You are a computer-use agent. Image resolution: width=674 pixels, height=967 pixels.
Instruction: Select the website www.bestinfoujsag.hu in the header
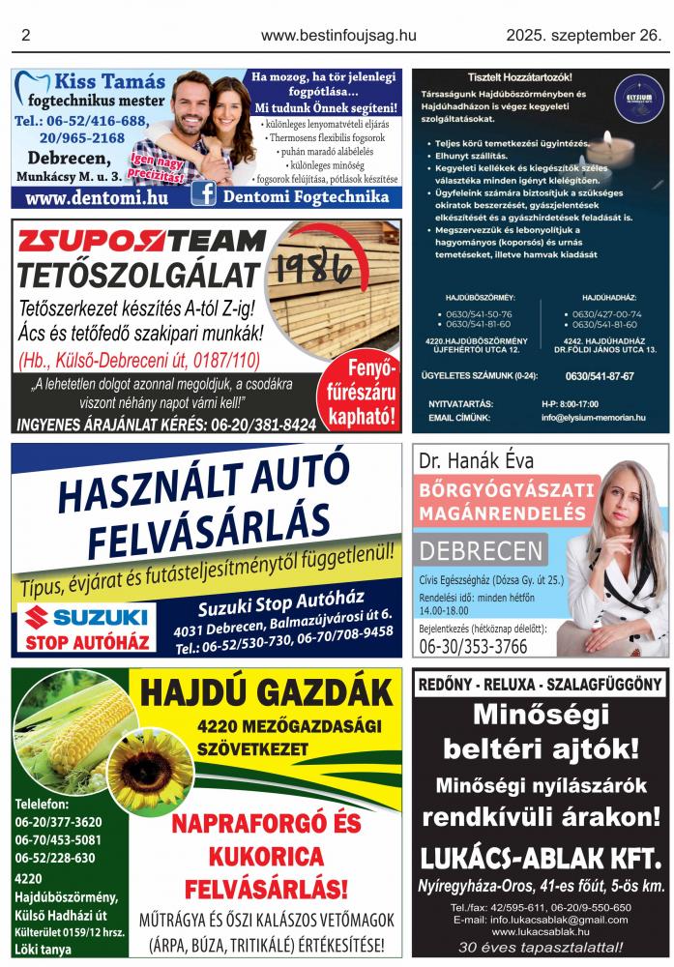(338, 36)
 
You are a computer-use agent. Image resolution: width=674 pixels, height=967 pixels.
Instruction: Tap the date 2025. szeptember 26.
(584, 36)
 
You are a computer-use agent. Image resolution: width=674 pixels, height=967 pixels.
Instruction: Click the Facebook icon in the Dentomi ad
(204, 194)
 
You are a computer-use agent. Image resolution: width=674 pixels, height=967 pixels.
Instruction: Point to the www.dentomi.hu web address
(96, 197)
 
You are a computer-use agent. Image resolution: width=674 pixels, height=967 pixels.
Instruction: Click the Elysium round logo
(638, 99)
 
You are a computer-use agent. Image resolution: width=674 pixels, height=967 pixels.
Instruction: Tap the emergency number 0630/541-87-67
(600, 376)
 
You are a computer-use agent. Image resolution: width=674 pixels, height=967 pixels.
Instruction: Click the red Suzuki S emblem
(37, 617)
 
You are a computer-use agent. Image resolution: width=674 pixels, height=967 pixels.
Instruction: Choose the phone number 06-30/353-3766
(473, 647)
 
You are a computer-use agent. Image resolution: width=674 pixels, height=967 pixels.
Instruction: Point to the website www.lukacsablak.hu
(541, 931)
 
